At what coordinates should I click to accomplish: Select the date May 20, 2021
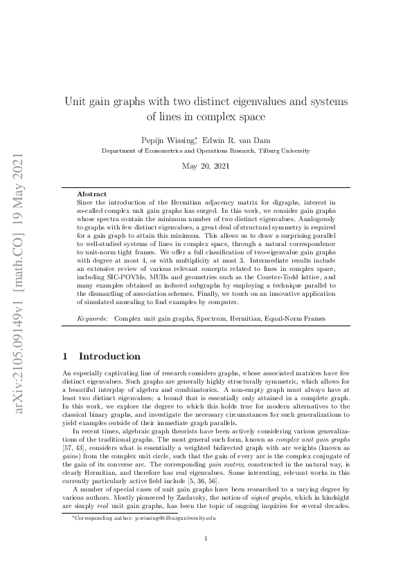pyautogui.click(x=206, y=166)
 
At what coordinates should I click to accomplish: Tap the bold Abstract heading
pyautogui.click(x=91, y=194)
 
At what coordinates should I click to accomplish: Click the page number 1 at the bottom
pyautogui.click(x=206, y=539)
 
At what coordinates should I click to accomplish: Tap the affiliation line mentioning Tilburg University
pyautogui.click(x=206, y=150)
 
